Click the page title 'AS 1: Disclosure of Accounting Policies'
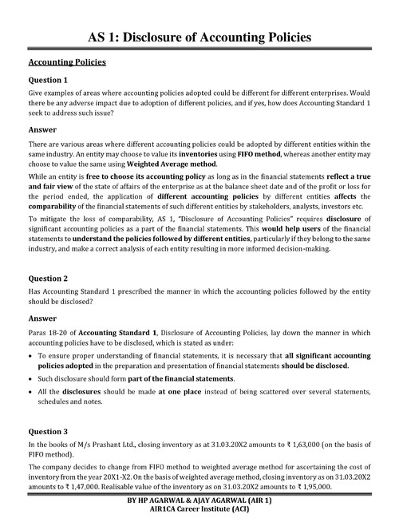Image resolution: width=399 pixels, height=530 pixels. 199,37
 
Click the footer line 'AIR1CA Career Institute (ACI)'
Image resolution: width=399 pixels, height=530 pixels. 199,519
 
